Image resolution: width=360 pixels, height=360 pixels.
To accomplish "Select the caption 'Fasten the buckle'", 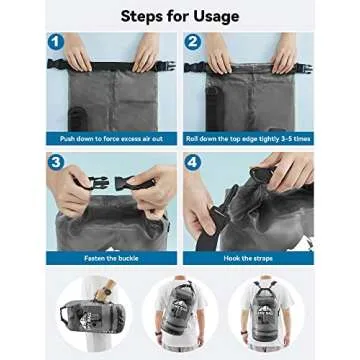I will tap(111, 257).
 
